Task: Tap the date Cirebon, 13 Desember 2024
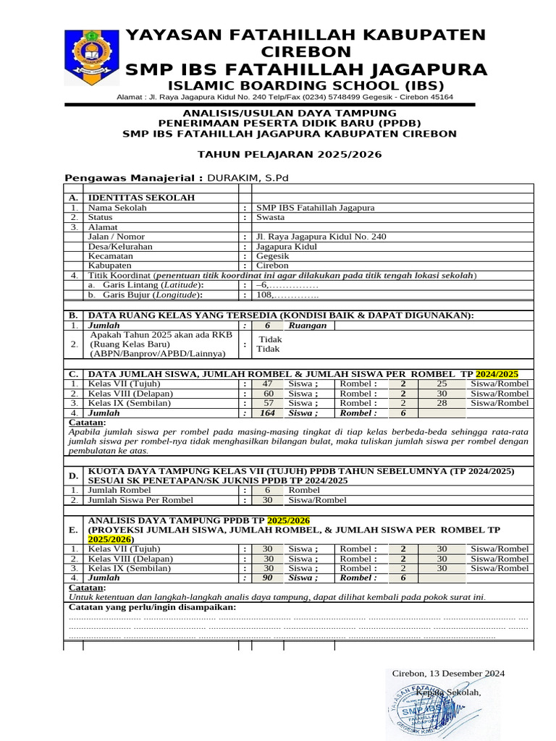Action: pyautogui.click(x=448, y=673)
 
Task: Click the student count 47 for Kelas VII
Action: pyautogui.click(x=267, y=384)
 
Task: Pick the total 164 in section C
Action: pyautogui.click(x=267, y=413)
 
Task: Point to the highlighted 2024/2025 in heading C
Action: pyautogui.click(x=497, y=373)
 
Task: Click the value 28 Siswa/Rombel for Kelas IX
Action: pyautogui.click(x=442, y=403)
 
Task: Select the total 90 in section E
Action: pyautogui.click(x=267, y=578)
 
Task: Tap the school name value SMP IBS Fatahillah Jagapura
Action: pyautogui.click(x=315, y=208)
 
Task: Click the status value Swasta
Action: pyautogui.click(x=271, y=217)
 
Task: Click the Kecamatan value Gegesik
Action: pyautogui.click(x=273, y=256)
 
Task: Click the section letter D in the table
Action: pyautogui.click(x=73, y=475)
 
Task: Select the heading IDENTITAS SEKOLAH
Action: pyautogui.click(x=141, y=198)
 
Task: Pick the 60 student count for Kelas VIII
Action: pyautogui.click(x=268, y=394)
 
